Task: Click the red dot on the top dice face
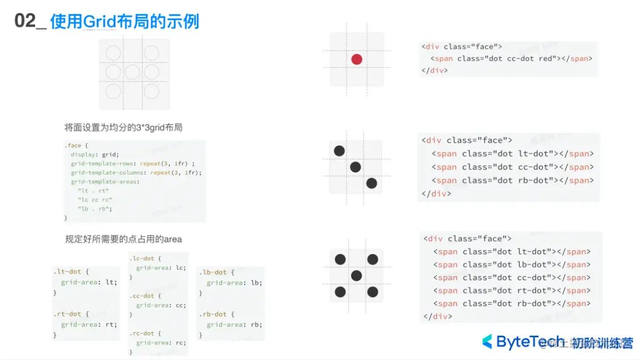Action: (357, 59)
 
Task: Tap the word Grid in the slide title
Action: (100, 22)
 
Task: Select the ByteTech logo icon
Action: (487, 342)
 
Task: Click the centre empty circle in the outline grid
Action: (132, 72)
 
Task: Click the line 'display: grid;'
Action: (95, 155)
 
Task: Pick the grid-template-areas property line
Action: (105, 182)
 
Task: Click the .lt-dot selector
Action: (71, 272)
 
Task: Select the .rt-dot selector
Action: (71, 314)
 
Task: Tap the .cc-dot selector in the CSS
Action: (146, 295)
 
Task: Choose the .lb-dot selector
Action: (216, 272)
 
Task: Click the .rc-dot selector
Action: (146, 333)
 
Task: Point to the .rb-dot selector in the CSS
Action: (216, 314)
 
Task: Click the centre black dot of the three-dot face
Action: (356, 167)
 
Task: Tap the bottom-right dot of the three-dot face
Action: (371, 183)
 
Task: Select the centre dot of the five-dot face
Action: (356, 276)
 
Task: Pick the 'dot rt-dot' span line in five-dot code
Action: (512, 290)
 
